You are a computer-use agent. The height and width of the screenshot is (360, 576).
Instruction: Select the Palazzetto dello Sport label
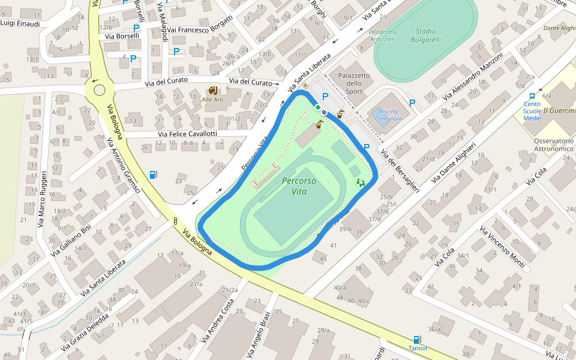[x=354, y=83]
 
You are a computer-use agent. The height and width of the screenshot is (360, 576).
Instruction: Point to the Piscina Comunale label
[x=388, y=115]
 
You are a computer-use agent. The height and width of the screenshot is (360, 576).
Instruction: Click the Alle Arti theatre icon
[x=212, y=91]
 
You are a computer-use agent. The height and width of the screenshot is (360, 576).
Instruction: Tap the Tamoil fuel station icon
[x=417, y=340]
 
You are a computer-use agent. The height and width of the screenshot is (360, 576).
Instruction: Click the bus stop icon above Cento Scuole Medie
[x=532, y=95]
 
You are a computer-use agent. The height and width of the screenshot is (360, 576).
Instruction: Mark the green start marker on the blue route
[x=317, y=107]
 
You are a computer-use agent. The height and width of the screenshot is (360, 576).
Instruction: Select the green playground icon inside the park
[x=360, y=182]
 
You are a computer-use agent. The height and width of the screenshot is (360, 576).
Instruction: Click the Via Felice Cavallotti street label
[x=187, y=134]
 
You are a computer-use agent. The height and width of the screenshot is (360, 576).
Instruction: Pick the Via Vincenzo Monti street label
[x=502, y=247]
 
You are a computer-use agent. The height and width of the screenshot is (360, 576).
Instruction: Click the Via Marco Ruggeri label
[x=42, y=200]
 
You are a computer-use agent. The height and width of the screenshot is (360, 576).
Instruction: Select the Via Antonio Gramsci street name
[x=123, y=166]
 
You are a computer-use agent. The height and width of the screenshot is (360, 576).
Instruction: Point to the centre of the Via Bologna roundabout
[x=100, y=90]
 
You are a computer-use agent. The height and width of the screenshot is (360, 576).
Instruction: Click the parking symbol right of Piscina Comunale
[x=412, y=103]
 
